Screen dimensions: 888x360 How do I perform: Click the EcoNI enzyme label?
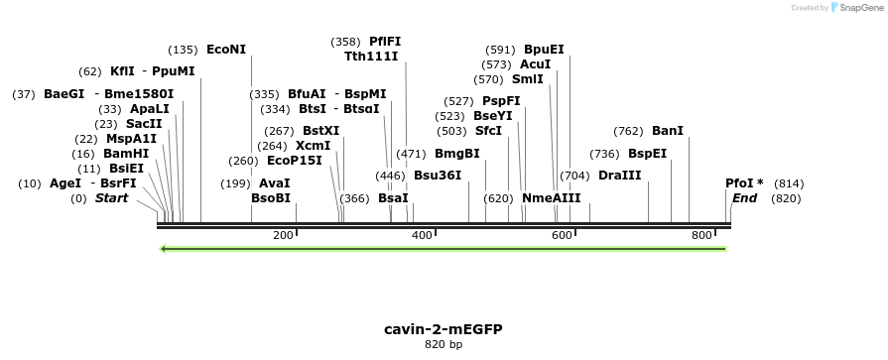pyautogui.click(x=226, y=50)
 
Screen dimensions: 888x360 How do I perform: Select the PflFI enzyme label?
pyautogui.click(x=385, y=42)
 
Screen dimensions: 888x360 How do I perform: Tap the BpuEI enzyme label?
pyautogui.click(x=544, y=50)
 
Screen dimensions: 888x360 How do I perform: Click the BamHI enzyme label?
pyautogui.click(x=126, y=154)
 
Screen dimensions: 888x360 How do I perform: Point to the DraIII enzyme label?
pyautogui.click(x=619, y=176)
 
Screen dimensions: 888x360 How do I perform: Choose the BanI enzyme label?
pyautogui.click(x=668, y=131)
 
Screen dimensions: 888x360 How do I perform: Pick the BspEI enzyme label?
pyautogui.click(x=647, y=154)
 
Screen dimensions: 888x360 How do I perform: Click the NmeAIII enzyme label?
pyautogui.click(x=551, y=198)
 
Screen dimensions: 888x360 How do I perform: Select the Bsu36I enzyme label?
pyautogui.click(x=438, y=176)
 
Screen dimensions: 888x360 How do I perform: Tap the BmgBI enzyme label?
pyautogui.click(x=457, y=154)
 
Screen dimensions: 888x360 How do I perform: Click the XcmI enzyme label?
pyautogui.click(x=314, y=146)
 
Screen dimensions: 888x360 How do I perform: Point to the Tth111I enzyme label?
pyautogui.click(x=371, y=57)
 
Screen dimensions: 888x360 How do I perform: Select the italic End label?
pyautogui.click(x=744, y=198)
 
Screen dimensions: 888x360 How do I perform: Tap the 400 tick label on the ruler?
pyautogui.click(x=422, y=235)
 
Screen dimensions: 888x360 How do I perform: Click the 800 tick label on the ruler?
pyautogui.click(x=701, y=235)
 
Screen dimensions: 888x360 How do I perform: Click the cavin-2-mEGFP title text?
pyautogui.click(x=436, y=328)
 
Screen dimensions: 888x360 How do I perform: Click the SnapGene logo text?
pyautogui.click(x=858, y=7)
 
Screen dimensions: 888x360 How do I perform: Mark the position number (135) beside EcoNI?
pyautogui.click(x=184, y=50)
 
